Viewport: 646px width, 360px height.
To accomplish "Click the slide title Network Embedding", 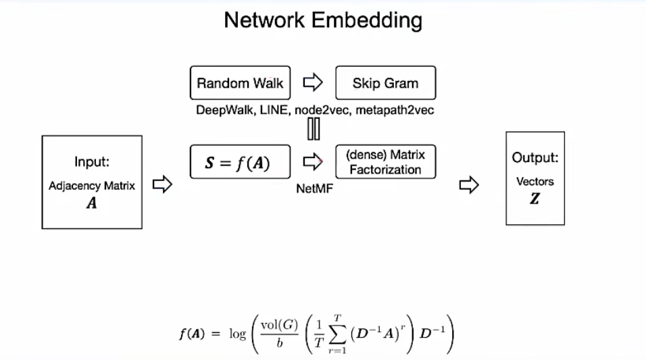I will click(323, 20).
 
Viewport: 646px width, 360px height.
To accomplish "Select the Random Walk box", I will click(240, 84).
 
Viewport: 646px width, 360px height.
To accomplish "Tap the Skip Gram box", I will click(385, 84).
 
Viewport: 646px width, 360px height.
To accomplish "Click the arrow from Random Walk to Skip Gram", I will click(312, 83).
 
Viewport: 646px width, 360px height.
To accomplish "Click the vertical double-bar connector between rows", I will click(313, 129).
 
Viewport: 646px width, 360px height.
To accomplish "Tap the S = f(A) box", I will click(240, 162).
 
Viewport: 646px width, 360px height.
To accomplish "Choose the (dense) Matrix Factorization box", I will click(385, 162).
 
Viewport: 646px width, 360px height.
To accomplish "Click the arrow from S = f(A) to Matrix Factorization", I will click(312, 162).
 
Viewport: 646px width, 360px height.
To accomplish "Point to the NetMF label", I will click(314, 189).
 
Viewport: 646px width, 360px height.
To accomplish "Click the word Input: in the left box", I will click(92, 162).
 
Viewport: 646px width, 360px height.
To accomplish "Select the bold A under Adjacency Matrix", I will click(92, 203).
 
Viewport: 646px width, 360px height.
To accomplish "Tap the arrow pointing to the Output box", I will click(469, 184).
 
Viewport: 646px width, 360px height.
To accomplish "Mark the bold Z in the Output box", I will click(535, 199).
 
